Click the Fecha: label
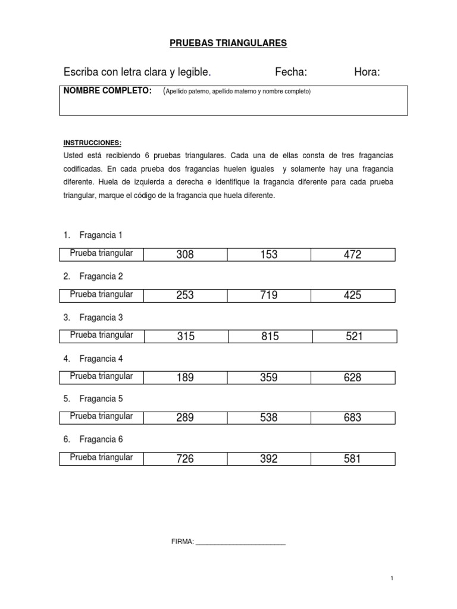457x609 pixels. click(291, 73)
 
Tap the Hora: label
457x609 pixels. click(367, 73)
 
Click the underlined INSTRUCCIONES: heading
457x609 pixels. click(92, 143)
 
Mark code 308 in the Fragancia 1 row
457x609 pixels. click(185, 255)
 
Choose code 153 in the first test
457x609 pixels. click(269, 255)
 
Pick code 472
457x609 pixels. click(352, 255)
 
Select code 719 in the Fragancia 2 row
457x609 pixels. click(269, 296)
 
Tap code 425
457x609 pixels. click(352, 296)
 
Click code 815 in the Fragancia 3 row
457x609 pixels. click(270, 337)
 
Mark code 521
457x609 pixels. click(354, 337)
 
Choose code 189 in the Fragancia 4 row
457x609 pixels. click(185, 378)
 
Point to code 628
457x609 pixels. click(352, 378)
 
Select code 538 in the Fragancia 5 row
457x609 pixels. click(269, 418)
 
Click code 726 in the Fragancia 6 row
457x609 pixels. click(185, 459)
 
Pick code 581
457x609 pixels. click(352, 459)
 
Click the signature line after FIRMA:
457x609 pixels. click(240, 542)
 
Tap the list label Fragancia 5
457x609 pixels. click(101, 399)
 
